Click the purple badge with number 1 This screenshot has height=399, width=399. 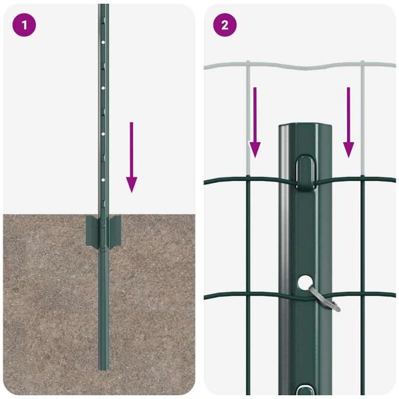point(24,25)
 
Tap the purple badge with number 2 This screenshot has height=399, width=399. point(224,25)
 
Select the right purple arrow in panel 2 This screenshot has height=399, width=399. point(348,122)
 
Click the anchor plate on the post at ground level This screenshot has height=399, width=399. point(103,231)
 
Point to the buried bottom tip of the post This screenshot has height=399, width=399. point(103,366)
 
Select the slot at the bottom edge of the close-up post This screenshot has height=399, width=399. point(307,392)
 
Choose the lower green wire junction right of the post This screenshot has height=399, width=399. point(363,294)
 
